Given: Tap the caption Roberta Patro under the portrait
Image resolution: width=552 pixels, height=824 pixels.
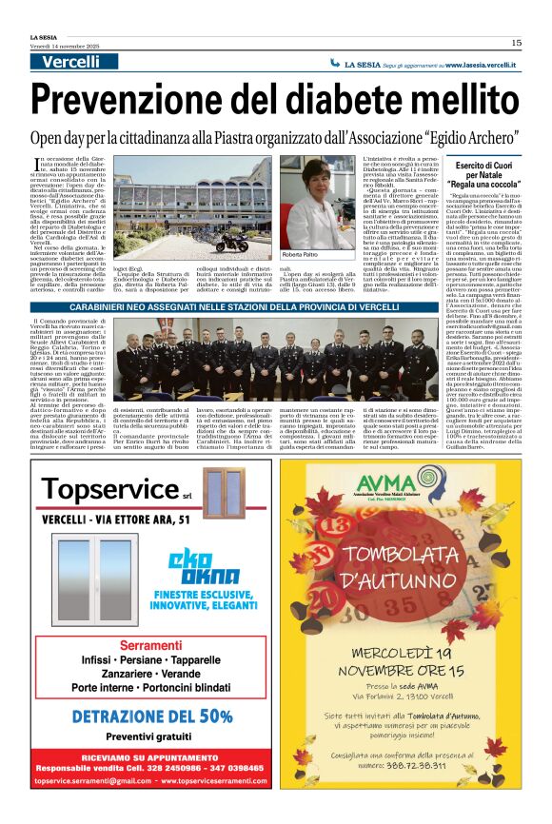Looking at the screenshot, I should pos(300,255).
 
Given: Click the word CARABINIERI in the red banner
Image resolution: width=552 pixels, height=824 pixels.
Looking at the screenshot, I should pos(124,311).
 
